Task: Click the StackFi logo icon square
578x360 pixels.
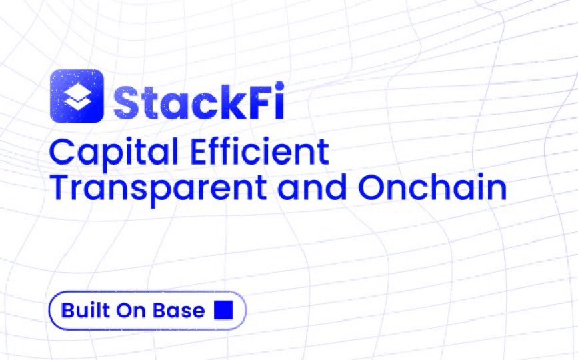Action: (x=77, y=96)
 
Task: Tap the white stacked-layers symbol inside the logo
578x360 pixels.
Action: (x=77, y=97)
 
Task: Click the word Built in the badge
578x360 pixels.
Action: (x=81, y=311)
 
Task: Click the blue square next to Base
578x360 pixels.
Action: (x=223, y=310)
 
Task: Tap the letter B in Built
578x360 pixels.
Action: (x=67, y=311)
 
